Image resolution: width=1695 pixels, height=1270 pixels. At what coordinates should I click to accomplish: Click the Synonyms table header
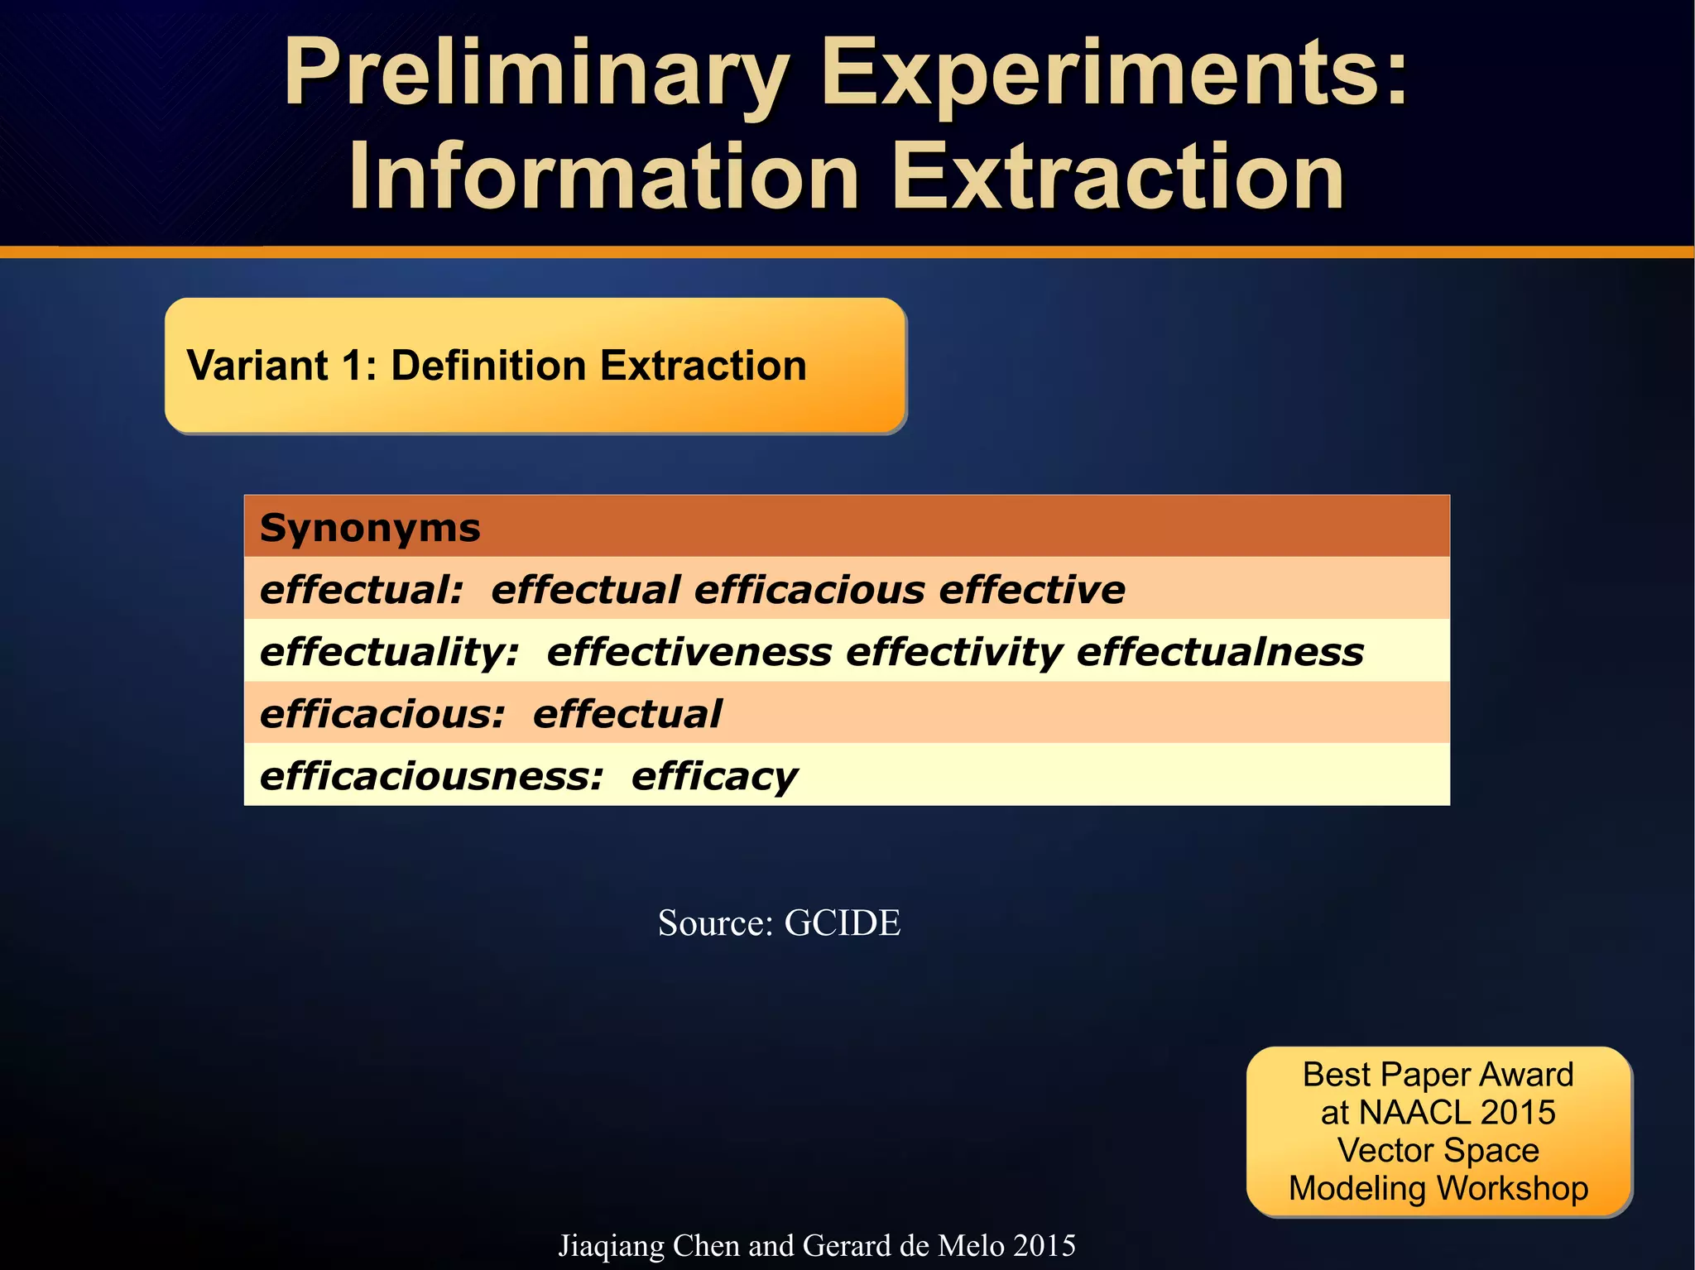tap(370, 528)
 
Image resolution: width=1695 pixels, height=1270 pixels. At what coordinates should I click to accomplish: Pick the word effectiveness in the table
tap(689, 653)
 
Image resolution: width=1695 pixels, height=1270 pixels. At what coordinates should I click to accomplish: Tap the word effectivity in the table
tap(953, 653)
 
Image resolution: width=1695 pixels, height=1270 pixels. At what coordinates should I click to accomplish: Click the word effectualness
tap(1220, 653)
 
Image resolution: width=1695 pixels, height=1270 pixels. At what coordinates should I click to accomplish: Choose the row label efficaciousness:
tap(431, 777)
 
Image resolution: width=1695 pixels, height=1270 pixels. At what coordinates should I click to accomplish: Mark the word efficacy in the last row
tap(714, 777)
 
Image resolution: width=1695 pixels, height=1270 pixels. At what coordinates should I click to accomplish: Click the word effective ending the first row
tap(1032, 591)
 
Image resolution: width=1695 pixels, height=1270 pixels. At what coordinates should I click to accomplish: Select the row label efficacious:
tap(382, 715)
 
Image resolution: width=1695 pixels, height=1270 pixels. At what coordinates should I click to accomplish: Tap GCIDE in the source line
tap(842, 923)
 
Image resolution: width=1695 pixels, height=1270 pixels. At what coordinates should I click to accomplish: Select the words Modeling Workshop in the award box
tap(1438, 1189)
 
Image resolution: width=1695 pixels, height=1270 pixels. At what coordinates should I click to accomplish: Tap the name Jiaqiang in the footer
tap(611, 1246)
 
